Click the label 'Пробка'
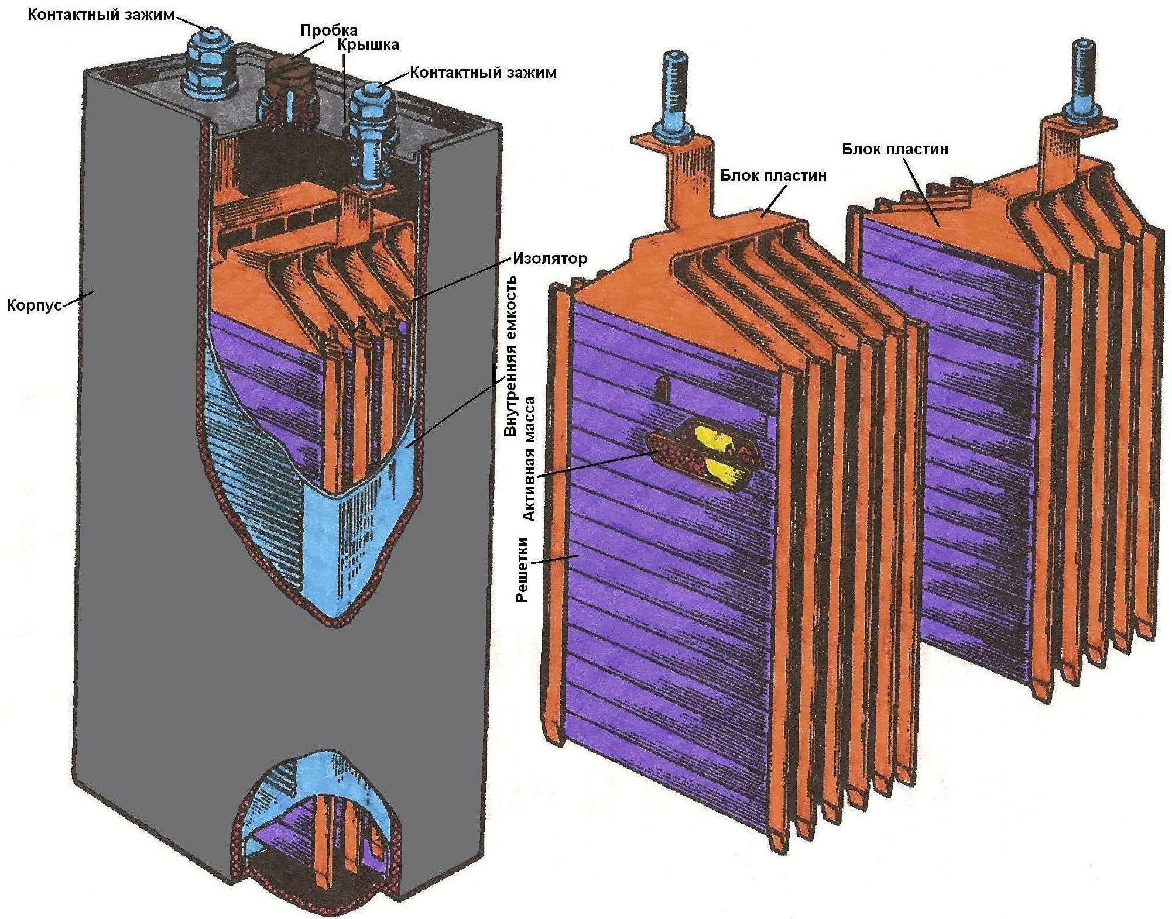328,29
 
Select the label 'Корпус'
34,305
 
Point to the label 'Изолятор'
550,258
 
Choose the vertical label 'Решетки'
522,569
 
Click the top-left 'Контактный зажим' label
101,15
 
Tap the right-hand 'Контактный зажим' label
483,73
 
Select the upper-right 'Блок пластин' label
895,149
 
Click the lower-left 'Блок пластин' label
773,174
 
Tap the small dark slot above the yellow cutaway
664,387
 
